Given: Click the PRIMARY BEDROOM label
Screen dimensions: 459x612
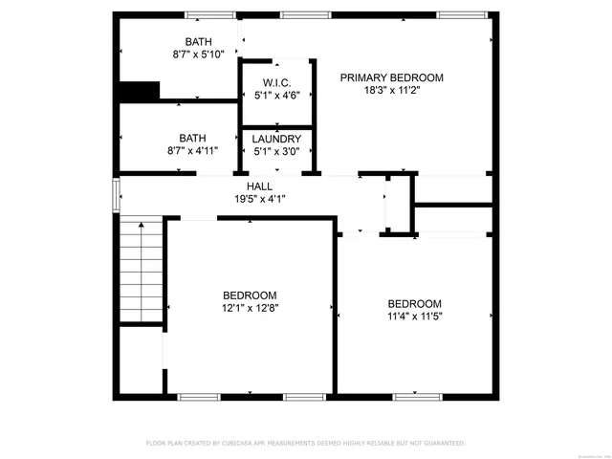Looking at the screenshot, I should [x=392, y=77].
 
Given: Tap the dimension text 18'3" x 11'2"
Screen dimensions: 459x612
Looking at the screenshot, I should [x=392, y=91].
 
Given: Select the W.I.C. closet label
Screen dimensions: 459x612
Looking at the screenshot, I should [x=276, y=82].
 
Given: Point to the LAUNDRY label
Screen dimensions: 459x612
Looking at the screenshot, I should [x=276, y=139].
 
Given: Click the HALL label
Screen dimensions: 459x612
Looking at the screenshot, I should [x=260, y=186].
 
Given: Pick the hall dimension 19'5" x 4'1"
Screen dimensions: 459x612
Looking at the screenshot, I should [x=260, y=199].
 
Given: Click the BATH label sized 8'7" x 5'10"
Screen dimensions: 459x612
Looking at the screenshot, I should [x=198, y=42].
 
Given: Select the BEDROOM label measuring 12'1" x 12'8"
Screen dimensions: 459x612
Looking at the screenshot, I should [x=250, y=295].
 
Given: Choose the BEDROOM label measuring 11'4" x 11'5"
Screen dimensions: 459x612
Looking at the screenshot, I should [x=415, y=303].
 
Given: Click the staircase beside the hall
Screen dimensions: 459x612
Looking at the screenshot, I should [x=141, y=272].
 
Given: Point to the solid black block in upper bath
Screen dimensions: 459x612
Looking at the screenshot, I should [x=139, y=91].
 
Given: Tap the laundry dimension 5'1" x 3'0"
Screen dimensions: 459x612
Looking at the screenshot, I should [x=276, y=151].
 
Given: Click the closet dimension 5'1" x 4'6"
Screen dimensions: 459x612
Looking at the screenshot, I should [x=276, y=95].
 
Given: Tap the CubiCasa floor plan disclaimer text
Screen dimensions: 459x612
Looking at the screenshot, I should [x=305, y=444].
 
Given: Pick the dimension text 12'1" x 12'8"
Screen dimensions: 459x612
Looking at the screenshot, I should [x=250, y=308].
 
